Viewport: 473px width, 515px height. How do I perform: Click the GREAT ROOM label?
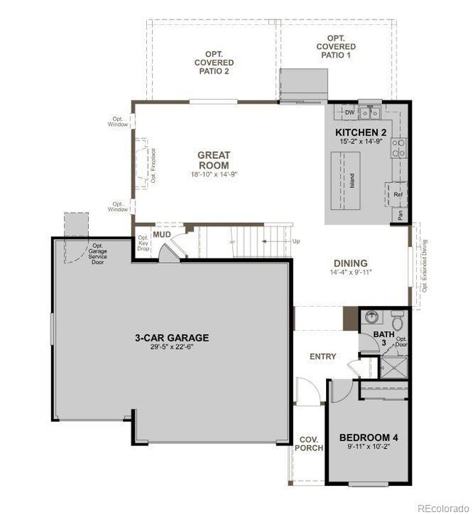pos(213,160)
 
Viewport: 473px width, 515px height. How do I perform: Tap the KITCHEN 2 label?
pos(361,132)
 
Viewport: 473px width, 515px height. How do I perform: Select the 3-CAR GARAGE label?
pos(172,337)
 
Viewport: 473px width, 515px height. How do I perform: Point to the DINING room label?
pos(350,263)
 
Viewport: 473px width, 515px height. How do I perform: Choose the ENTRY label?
pos(322,356)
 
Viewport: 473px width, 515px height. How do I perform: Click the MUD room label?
pos(161,235)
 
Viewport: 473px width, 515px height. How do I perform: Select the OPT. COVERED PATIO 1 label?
pos(335,47)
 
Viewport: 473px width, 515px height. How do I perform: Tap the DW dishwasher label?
pos(349,113)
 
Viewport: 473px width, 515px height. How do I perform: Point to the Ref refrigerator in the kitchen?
pos(397,194)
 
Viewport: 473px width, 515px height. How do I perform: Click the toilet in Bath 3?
pos(397,321)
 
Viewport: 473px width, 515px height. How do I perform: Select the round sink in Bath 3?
pos(372,318)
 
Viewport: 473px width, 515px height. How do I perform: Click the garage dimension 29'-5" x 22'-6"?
pos(172,347)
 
